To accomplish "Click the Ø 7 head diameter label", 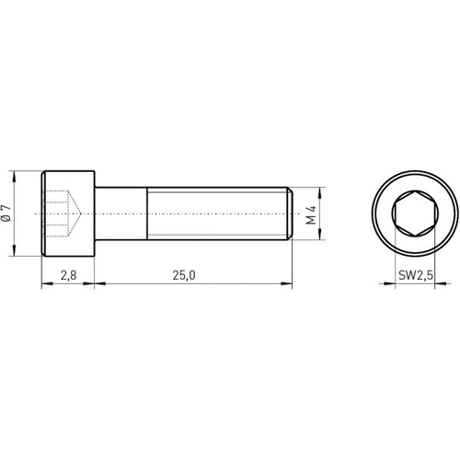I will click(7, 214).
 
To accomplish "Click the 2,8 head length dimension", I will click(68, 274).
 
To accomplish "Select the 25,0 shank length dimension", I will click(183, 274).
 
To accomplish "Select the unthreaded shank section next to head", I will click(121, 214).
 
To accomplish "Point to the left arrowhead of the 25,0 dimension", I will click(98, 284).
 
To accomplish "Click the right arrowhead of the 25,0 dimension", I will click(289, 284).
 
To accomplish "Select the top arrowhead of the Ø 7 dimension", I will click(17, 174).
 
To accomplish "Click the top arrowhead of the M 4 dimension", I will click(321, 191).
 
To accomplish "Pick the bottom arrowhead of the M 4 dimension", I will click(321, 237).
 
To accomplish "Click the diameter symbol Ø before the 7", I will click(7, 221).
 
